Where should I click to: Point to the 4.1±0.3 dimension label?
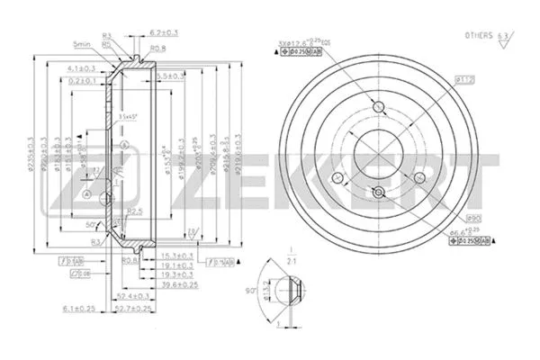[83, 67]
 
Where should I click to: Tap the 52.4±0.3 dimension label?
[132, 295]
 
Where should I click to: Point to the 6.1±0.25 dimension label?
[77, 309]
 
